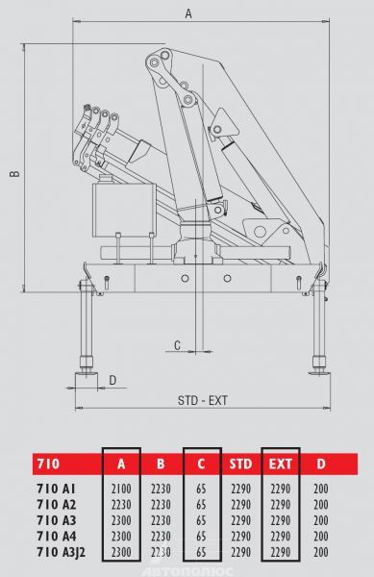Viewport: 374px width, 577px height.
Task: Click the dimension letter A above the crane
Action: tap(188, 13)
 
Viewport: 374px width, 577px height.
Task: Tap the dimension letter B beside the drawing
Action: tap(14, 174)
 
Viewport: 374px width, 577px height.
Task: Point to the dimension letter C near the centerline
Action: tap(177, 345)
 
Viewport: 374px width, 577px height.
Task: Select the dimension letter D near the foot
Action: tap(112, 380)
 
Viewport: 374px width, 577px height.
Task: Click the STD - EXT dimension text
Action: tap(203, 400)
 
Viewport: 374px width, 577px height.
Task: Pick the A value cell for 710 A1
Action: tap(121, 489)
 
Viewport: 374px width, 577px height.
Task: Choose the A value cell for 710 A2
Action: tap(121, 505)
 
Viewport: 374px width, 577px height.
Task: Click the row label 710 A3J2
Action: tap(61, 552)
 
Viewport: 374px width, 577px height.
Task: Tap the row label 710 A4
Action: tap(57, 537)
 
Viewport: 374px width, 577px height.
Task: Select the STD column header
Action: tap(241, 464)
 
